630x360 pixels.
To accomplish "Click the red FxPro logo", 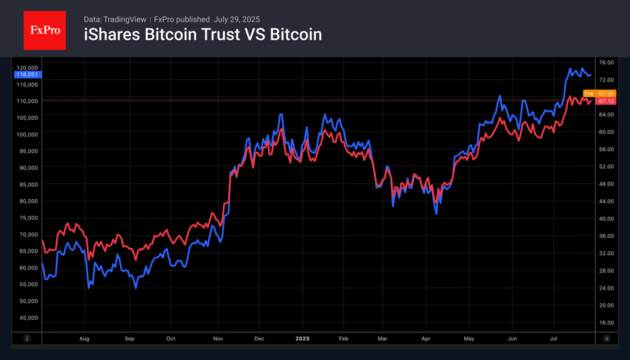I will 45,31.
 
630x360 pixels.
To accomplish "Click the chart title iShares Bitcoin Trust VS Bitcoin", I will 203,35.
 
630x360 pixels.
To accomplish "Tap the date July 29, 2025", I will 236,19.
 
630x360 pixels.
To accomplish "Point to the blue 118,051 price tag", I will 27,74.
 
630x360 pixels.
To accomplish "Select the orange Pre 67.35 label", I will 599,94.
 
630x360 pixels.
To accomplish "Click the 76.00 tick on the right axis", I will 606,63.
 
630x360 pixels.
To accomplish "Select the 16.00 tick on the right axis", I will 606,323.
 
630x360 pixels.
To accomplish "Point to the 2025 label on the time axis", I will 302,339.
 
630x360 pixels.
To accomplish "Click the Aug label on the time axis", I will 85,339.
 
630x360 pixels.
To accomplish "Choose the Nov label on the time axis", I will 218,339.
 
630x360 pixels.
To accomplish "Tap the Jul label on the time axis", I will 554,339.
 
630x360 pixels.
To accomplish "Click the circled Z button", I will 27,339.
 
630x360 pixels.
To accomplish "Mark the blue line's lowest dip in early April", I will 436,213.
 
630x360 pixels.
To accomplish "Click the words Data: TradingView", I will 115,19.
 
